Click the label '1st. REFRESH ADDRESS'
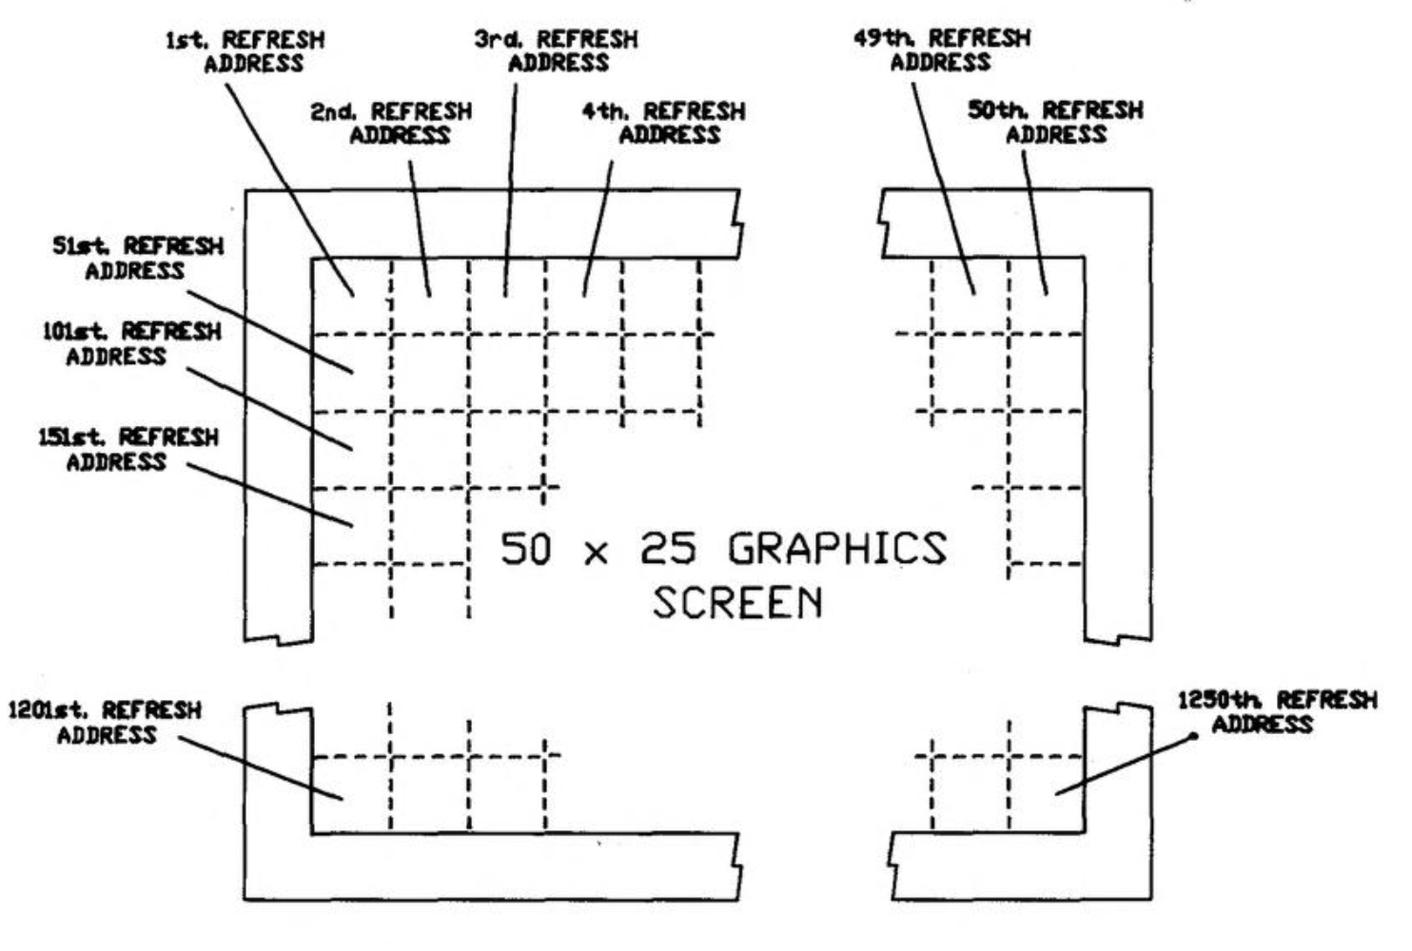pos(245,52)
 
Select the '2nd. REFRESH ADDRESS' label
pos(391,124)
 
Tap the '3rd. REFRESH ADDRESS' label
pos(557,51)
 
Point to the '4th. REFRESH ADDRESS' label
pos(664,124)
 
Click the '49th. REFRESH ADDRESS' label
pos(941,50)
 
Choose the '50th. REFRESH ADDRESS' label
pos(1055,123)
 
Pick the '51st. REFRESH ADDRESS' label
pos(137,259)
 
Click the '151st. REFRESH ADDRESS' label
pos(127,450)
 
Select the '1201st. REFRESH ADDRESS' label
pos(105,723)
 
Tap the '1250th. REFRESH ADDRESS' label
pos(1277,712)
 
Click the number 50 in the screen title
pos(525,550)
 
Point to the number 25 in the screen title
pos(668,549)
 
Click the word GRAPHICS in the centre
pos(837,549)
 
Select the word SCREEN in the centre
pos(737,603)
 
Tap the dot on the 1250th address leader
pos(1194,735)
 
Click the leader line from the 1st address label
pos(289,190)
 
